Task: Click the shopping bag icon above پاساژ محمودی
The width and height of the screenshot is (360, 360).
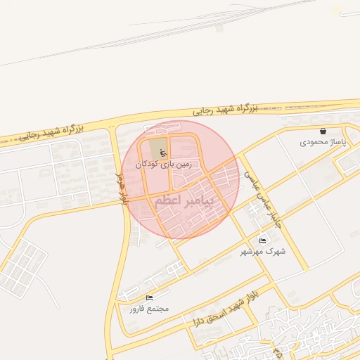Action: coord(323,131)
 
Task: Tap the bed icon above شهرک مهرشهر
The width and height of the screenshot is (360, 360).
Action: coord(263,240)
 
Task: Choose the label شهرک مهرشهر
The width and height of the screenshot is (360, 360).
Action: coord(263,251)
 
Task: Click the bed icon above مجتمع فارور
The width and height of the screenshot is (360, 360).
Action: coord(149,298)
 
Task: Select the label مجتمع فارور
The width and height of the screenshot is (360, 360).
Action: coord(149,309)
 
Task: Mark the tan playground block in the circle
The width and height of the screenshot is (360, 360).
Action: coord(155,149)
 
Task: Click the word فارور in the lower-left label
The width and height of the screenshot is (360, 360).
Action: coord(138,309)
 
